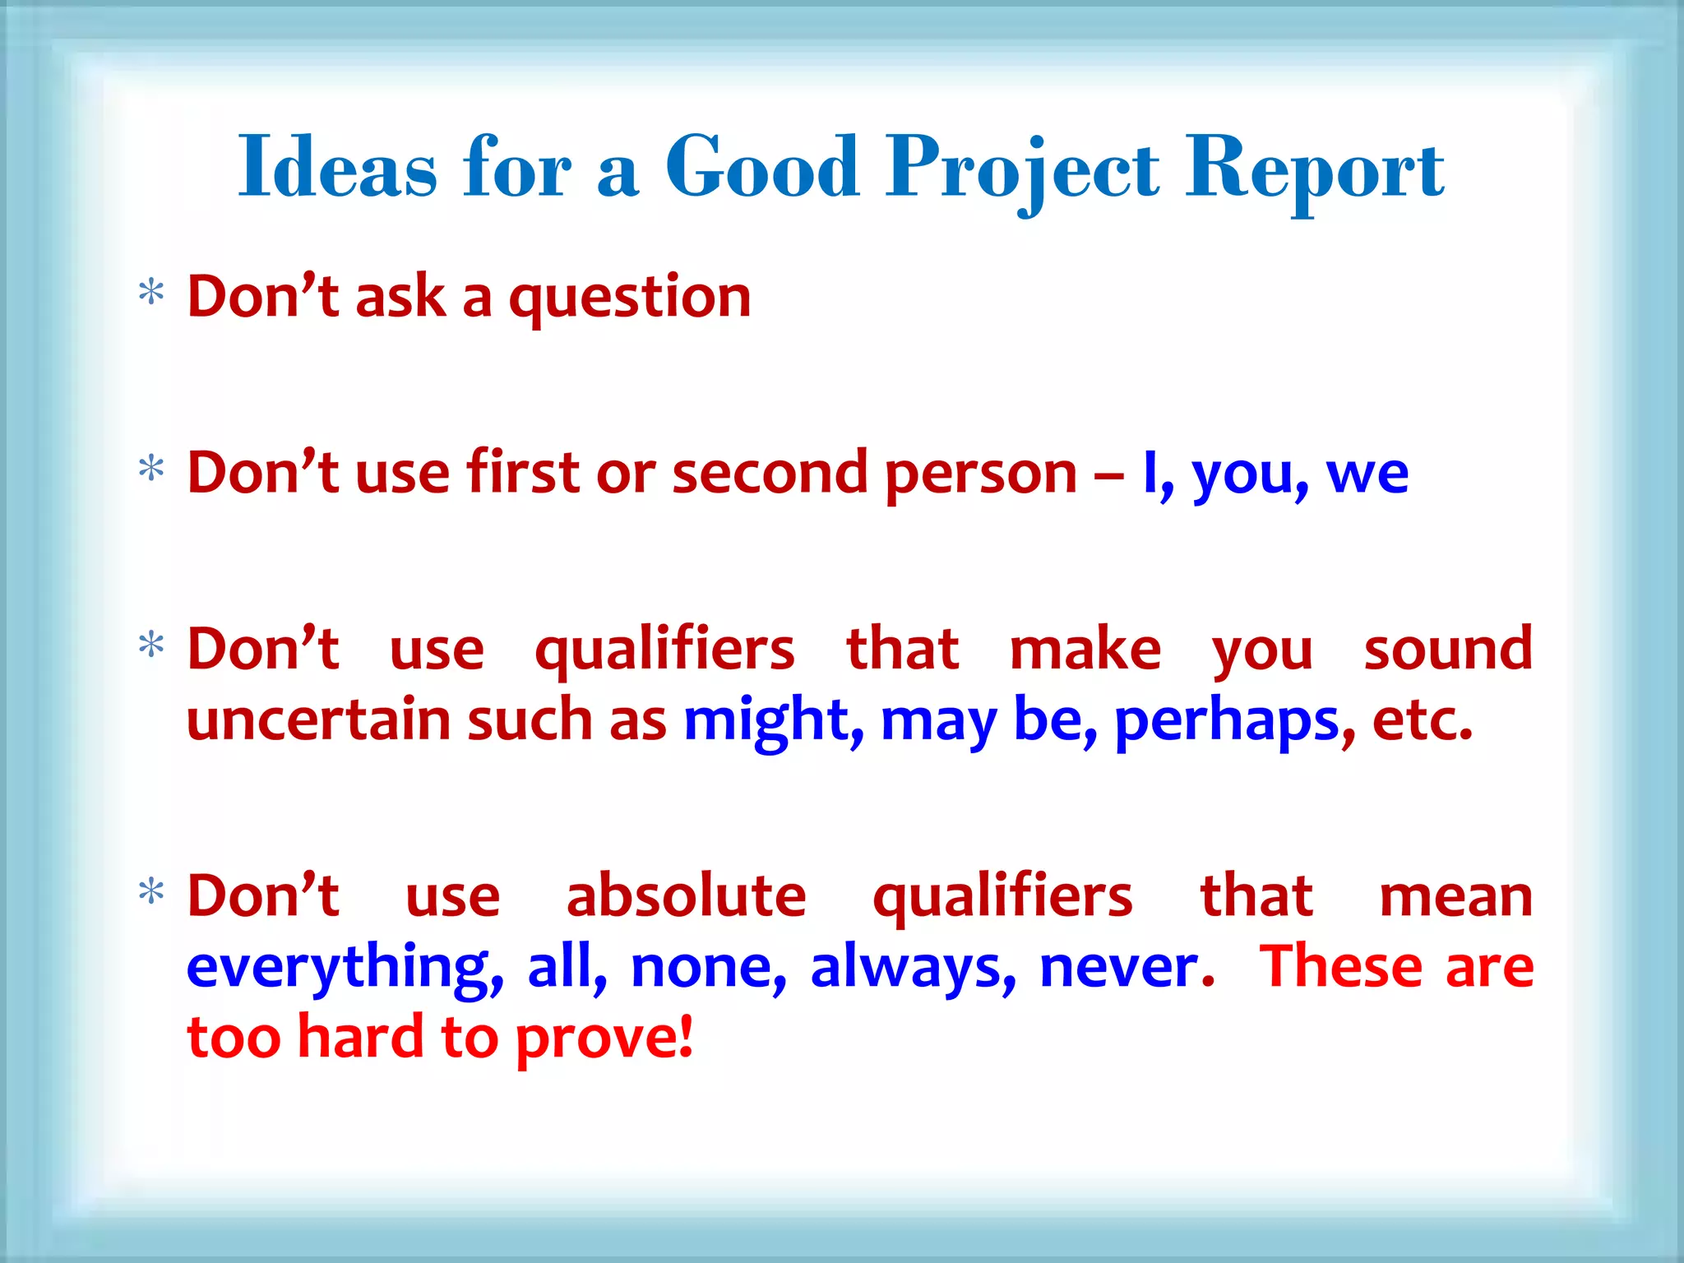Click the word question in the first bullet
[x=630, y=298]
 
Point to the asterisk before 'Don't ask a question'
[x=151, y=292]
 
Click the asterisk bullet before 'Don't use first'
[x=151, y=469]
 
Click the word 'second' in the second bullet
[x=770, y=474]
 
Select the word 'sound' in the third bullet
[x=1448, y=650]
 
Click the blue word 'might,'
[x=773, y=721]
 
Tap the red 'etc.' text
[x=1422, y=721]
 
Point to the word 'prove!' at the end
[x=604, y=1038]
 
